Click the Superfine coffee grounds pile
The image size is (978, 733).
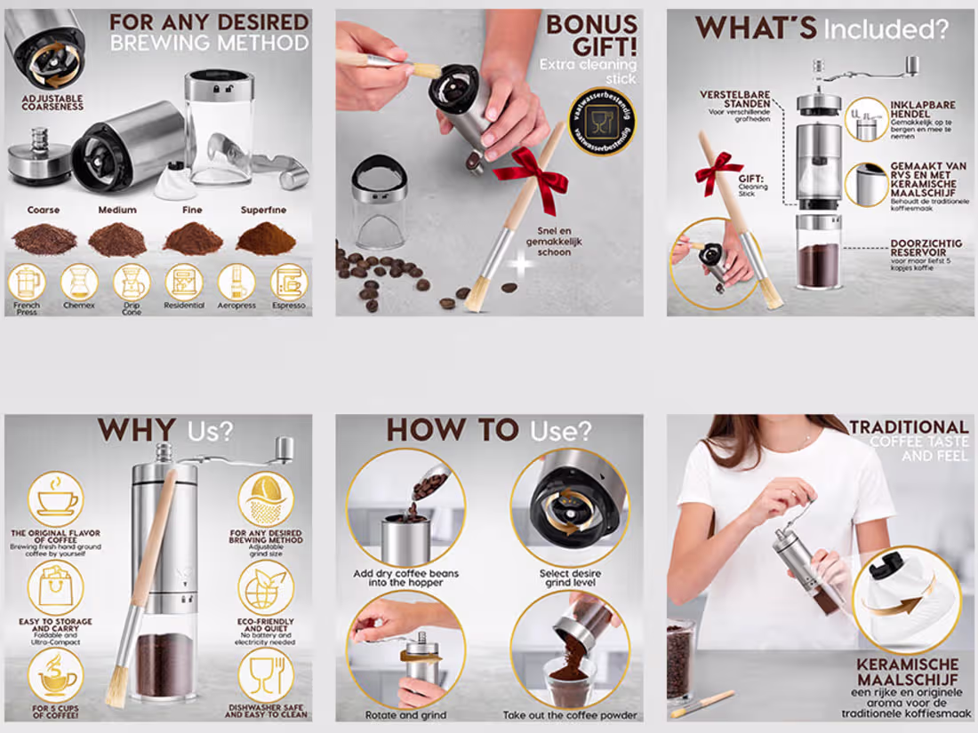click(266, 237)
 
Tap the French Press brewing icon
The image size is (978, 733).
click(26, 283)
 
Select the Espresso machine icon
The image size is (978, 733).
click(289, 283)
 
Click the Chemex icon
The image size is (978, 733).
click(79, 283)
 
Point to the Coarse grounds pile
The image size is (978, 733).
click(44, 238)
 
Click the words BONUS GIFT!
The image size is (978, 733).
click(591, 36)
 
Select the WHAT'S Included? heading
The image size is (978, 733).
click(822, 28)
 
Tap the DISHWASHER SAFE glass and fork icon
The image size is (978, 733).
click(265, 674)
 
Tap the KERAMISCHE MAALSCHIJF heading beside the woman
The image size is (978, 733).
click(907, 672)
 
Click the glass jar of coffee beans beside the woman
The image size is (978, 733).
click(681, 657)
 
